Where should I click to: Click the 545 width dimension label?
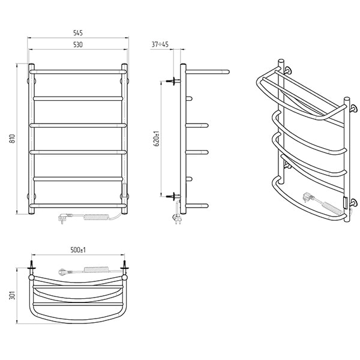(78, 33)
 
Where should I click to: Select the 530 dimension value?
(78, 44)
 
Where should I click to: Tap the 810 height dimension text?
(12, 139)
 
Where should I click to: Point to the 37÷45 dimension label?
(160, 44)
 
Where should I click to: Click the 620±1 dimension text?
(157, 139)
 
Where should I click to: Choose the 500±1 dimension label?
(78, 250)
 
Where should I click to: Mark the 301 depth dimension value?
(12, 295)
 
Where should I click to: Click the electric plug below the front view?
(65, 217)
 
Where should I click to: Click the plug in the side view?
(178, 218)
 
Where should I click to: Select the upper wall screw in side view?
(173, 81)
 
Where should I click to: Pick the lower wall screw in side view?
(173, 196)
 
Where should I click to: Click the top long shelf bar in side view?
(208, 72)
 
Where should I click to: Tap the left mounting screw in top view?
(31, 266)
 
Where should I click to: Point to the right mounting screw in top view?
(125, 266)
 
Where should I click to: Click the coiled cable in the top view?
(97, 269)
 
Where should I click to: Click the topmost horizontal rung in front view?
(78, 72)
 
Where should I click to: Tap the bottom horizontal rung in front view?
(78, 205)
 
